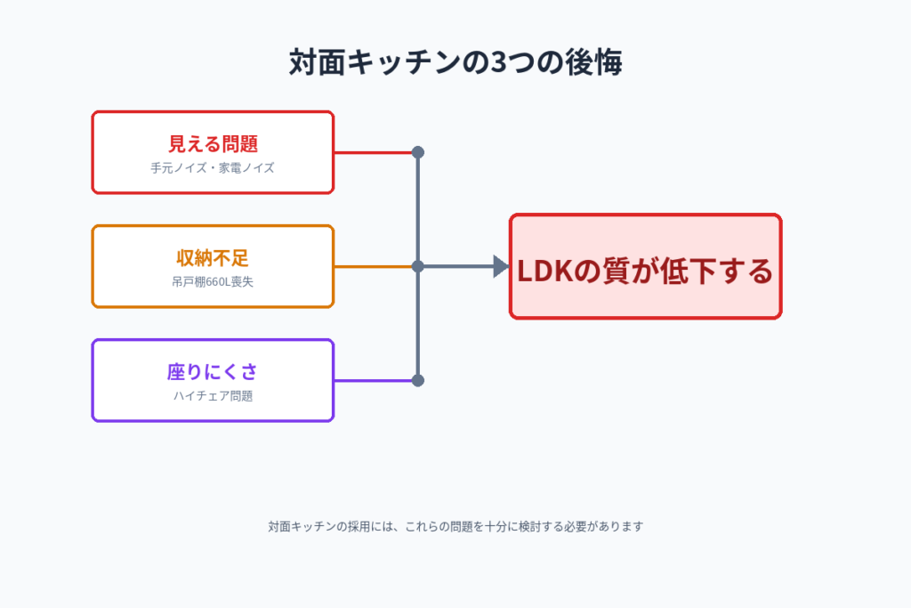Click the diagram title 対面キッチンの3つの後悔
coord(455,63)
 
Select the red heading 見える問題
coord(213,143)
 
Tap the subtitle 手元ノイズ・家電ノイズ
coord(213,167)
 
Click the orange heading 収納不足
coord(213,258)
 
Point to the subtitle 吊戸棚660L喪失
coord(213,282)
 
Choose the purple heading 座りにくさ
coord(213,371)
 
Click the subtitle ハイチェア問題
coord(213,396)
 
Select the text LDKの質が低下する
coord(645,271)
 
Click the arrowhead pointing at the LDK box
coord(501,266)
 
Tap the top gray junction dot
coord(418,152)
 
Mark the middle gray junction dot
coord(418,266)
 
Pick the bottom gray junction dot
coord(418,380)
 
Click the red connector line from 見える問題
coord(374,152)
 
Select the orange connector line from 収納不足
coord(374,266)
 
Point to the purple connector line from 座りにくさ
coord(374,380)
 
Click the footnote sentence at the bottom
coord(455,526)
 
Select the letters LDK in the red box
coord(543,271)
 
